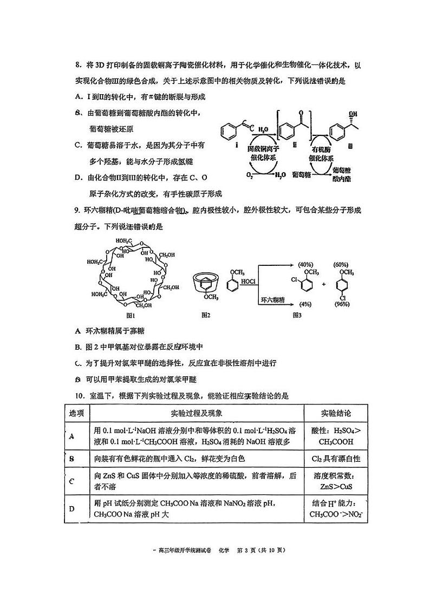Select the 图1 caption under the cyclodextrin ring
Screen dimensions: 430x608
click(131, 315)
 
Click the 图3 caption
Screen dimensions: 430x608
click(297, 315)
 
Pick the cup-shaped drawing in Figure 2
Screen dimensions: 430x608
click(206, 283)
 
